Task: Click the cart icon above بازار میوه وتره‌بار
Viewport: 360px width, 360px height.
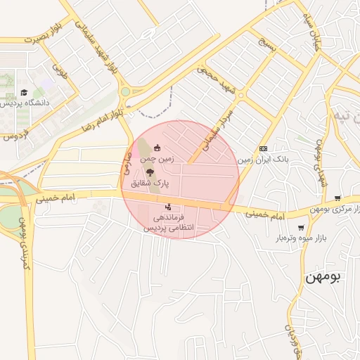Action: (302, 227)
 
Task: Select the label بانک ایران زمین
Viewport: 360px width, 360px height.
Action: (262, 160)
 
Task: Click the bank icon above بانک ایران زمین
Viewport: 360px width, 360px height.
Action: (263, 148)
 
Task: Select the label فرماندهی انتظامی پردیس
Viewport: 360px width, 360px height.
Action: (168, 223)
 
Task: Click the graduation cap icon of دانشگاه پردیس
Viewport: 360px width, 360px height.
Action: (25, 92)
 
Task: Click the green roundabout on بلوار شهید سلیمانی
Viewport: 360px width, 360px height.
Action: (125, 91)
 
